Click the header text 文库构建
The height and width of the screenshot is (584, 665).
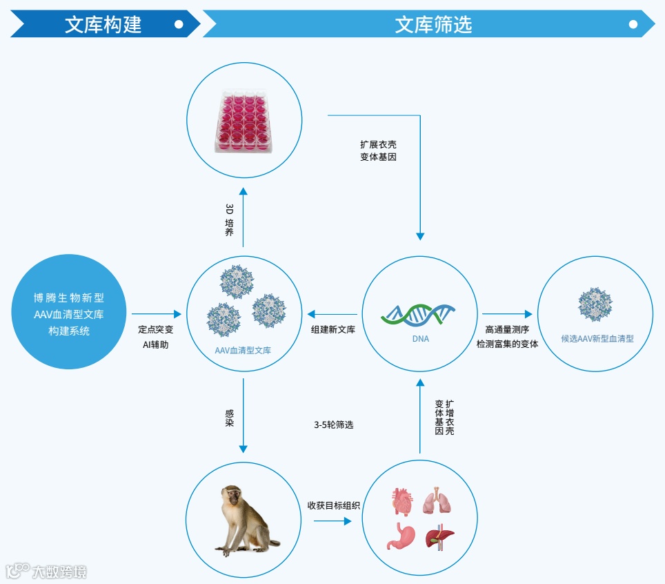(103, 25)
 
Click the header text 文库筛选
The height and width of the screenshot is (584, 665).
(433, 25)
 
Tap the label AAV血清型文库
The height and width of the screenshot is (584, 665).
(243, 351)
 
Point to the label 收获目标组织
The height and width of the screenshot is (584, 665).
(333, 505)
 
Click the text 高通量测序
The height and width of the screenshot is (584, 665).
(506, 329)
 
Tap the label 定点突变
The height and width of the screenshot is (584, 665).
(155, 330)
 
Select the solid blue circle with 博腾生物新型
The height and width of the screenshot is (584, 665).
(69, 312)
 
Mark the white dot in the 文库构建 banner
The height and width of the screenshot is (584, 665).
(179, 24)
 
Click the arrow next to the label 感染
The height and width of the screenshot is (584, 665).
(244, 414)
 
